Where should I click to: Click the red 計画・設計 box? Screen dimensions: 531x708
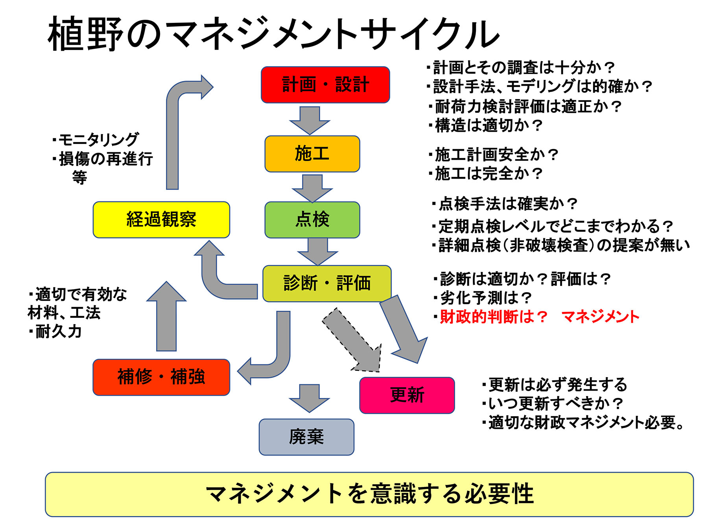(x=325, y=85)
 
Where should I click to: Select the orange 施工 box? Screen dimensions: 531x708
(x=312, y=154)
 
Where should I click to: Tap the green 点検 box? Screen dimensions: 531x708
(x=312, y=219)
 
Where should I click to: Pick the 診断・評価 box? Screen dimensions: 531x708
(x=327, y=283)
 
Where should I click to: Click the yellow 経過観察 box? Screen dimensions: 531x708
(x=161, y=219)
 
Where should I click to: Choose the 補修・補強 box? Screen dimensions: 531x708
(x=161, y=377)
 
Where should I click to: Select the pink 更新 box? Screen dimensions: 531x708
(x=407, y=395)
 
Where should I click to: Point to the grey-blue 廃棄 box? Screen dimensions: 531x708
(x=306, y=437)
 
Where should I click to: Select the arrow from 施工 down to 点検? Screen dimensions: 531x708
(x=312, y=188)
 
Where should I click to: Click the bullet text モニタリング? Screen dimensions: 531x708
(x=98, y=140)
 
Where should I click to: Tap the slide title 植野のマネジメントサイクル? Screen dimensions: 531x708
(x=273, y=35)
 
